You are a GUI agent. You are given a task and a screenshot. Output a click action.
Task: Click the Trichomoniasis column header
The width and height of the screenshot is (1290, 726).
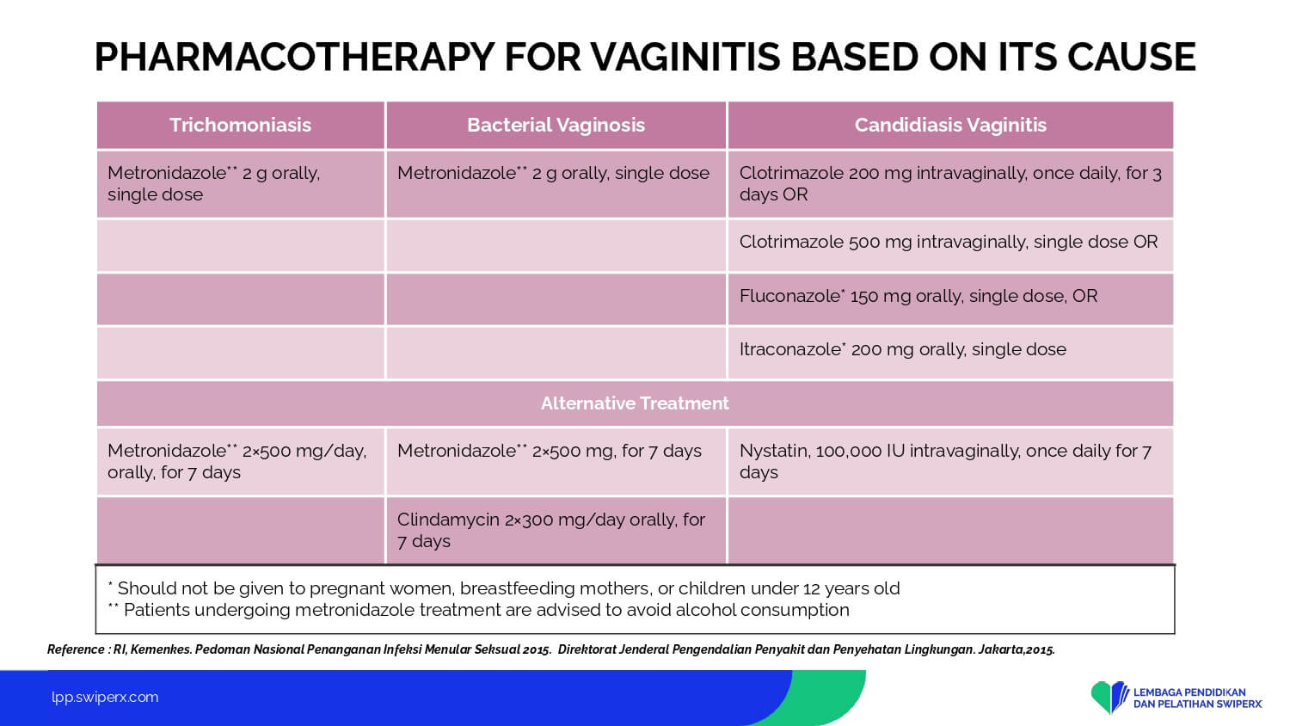click(240, 125)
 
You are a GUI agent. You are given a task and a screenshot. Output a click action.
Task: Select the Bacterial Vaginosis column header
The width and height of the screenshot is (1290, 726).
click(556, 125)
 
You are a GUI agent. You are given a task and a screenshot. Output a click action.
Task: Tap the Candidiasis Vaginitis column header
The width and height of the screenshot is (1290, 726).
click(950, 125)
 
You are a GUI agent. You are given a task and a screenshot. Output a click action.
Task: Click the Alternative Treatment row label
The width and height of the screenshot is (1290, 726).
click(635, 403)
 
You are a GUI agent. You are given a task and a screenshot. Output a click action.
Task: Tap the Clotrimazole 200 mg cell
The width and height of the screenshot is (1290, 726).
click(950, 183)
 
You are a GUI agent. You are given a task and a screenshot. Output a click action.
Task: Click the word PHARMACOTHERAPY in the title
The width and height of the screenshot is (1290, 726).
click(294, 57)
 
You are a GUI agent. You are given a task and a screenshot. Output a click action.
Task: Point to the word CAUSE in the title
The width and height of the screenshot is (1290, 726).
click(1131, 57)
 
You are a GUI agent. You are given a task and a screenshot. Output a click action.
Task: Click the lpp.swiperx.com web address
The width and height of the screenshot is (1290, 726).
click(105, 698)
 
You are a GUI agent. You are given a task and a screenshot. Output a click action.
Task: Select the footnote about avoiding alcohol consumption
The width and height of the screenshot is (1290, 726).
click(478, 610)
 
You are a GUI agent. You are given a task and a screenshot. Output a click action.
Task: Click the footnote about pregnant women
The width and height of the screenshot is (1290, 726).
click(504, 588)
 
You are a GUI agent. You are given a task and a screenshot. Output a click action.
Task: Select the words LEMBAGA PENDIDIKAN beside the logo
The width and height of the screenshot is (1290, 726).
click(1189, 692)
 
